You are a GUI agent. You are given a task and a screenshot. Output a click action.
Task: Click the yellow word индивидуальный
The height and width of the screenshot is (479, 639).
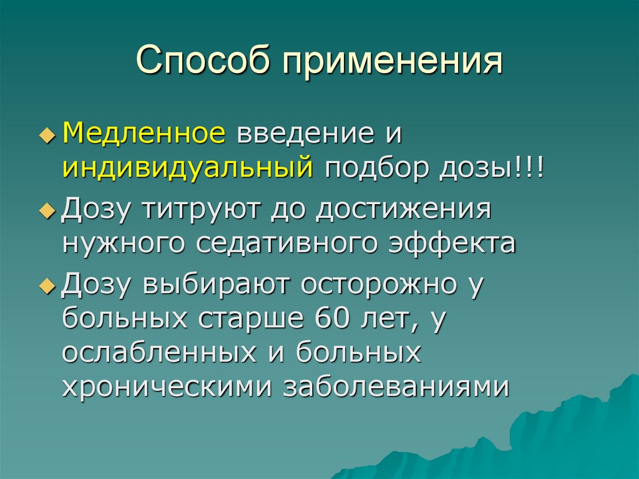[187, 169]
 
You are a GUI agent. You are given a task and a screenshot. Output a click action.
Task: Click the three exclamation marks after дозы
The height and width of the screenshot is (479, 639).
[530, 169]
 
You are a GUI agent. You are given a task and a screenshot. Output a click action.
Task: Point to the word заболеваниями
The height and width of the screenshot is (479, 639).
[397, 387]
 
